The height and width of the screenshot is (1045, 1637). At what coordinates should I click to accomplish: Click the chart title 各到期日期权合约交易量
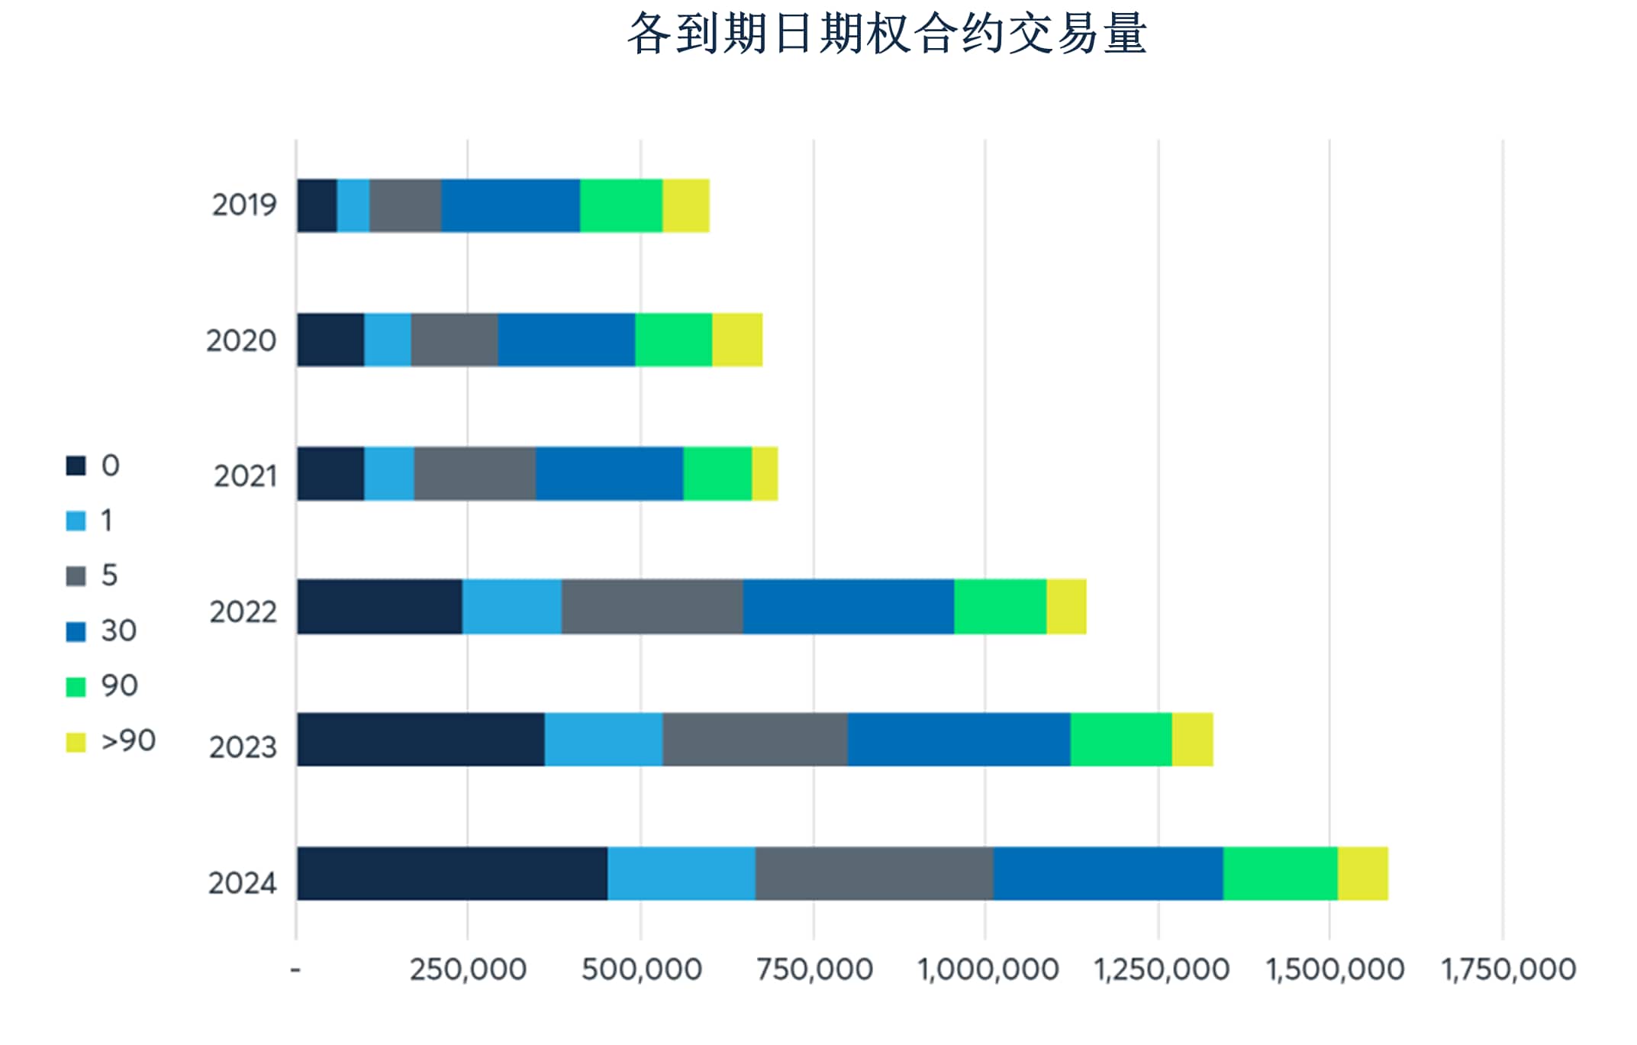(x=887, y=34)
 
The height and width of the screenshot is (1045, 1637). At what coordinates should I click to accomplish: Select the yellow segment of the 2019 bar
(x=685, y=205)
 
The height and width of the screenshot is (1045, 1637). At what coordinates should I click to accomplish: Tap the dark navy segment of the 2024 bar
(x=452, y=873)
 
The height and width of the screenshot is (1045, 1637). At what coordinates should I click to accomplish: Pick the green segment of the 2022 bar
(x=1000, y=607)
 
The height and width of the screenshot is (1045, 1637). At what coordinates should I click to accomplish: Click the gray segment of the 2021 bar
(x=475, y=473)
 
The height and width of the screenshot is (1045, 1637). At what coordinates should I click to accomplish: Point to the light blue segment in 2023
(x=603, y=739)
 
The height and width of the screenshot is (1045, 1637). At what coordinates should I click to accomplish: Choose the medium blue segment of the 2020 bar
(x=566, y=340)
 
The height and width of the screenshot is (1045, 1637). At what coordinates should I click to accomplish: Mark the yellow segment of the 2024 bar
(x=1362, y=873)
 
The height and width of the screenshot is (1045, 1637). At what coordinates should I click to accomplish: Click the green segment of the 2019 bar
(x=620, y=205)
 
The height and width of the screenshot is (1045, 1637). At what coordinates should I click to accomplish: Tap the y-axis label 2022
(x=243, y=611)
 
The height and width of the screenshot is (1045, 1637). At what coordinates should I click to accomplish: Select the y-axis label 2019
(x=243, y=205)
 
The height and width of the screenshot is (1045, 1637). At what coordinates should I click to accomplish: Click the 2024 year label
(x=242, y=883)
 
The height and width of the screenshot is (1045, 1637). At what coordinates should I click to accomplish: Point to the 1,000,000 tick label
(x=988, y=969)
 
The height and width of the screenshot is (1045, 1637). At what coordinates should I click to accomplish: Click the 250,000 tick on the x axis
(x=468, y=969)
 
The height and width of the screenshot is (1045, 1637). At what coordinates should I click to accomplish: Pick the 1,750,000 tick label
(x=1508, y=969)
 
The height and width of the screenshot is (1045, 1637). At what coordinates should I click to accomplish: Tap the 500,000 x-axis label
(x=641, y=969)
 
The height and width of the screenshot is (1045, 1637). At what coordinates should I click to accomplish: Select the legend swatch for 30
(x=76, y=631)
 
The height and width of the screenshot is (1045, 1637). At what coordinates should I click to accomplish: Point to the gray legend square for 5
(x=76, y=576)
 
